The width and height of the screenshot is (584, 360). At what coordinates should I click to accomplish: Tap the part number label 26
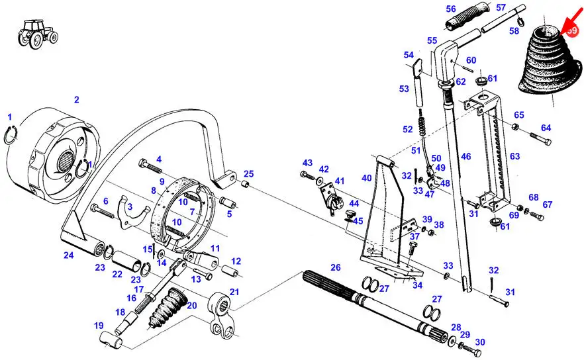click(x=336, y=267)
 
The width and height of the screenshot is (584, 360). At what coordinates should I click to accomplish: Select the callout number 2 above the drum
click(x=76, y=100)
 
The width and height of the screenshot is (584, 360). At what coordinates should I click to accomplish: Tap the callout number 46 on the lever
click(x=466, y=157)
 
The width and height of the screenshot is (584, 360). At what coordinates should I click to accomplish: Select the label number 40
click(x=366, y=177)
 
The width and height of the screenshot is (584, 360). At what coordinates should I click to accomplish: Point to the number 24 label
click(x=68, y=255)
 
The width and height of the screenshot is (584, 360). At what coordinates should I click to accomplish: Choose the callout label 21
click(x=234, y=292)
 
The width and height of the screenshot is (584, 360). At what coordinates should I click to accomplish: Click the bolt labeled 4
click(x=146, y=163)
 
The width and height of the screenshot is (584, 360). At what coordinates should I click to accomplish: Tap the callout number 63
click(x=515, y=156)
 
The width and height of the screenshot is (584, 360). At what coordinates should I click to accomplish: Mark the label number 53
click(x=404, y=88)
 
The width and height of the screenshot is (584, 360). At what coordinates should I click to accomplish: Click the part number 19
click(x=99, y=325)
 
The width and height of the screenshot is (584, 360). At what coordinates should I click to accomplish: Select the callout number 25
click(x=248, y=174)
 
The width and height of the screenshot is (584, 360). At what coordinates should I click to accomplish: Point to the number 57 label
click(x=501, y=7)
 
